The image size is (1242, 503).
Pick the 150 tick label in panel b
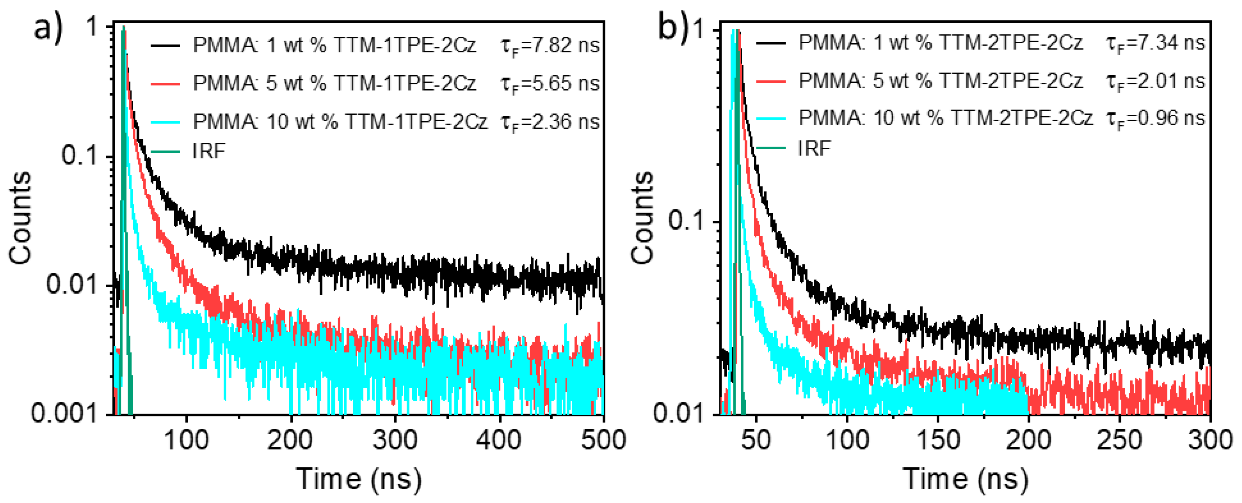[937, 440]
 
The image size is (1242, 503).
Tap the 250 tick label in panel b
[1119, 440]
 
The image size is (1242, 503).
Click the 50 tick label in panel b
[756, 440]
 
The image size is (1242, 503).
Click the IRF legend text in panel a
[208, 151]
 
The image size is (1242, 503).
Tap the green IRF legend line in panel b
[770, 149]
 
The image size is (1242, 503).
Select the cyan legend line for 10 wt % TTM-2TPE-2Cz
[770, 119]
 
